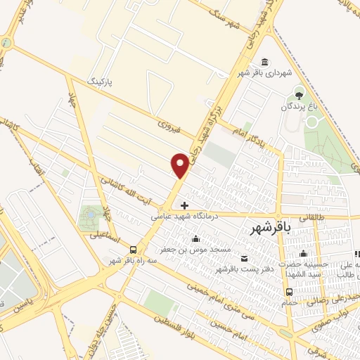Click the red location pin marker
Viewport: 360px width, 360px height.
(x=180, y=165)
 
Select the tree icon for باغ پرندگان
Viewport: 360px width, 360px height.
(x=299, y=94)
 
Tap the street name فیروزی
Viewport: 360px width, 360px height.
(x=169, y=127)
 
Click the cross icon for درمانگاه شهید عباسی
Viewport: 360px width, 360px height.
(x=184, y=206)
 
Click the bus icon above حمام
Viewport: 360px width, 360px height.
(x=288, y=292)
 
